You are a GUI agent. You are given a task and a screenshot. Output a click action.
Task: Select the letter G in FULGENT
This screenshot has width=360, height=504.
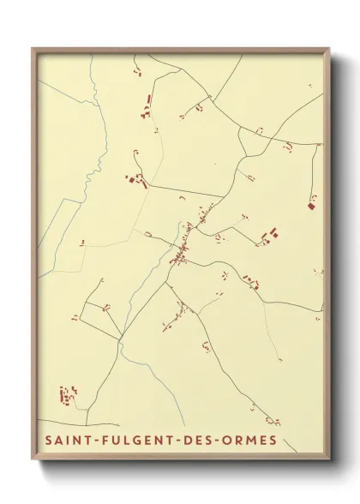pos(135,441)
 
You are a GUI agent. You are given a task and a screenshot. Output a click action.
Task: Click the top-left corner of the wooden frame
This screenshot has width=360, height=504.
pos(33,49)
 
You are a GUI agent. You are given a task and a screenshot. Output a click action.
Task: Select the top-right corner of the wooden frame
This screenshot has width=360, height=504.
pos(329,49)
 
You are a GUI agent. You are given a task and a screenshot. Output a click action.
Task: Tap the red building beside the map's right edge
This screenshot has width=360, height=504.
pos(311,205)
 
